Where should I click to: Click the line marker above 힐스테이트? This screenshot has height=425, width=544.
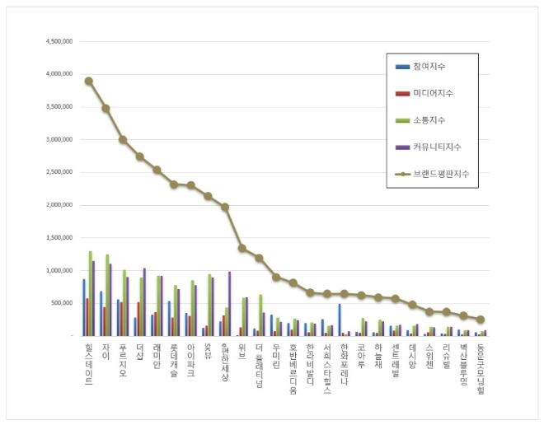tap(89, 81)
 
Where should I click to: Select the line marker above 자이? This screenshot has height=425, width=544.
tap(106, 108)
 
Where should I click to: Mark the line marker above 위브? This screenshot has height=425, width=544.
tap(242, 248)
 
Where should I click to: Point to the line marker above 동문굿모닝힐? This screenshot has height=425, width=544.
tap(481, 320)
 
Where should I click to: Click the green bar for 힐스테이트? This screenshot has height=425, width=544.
tap(90, 293)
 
